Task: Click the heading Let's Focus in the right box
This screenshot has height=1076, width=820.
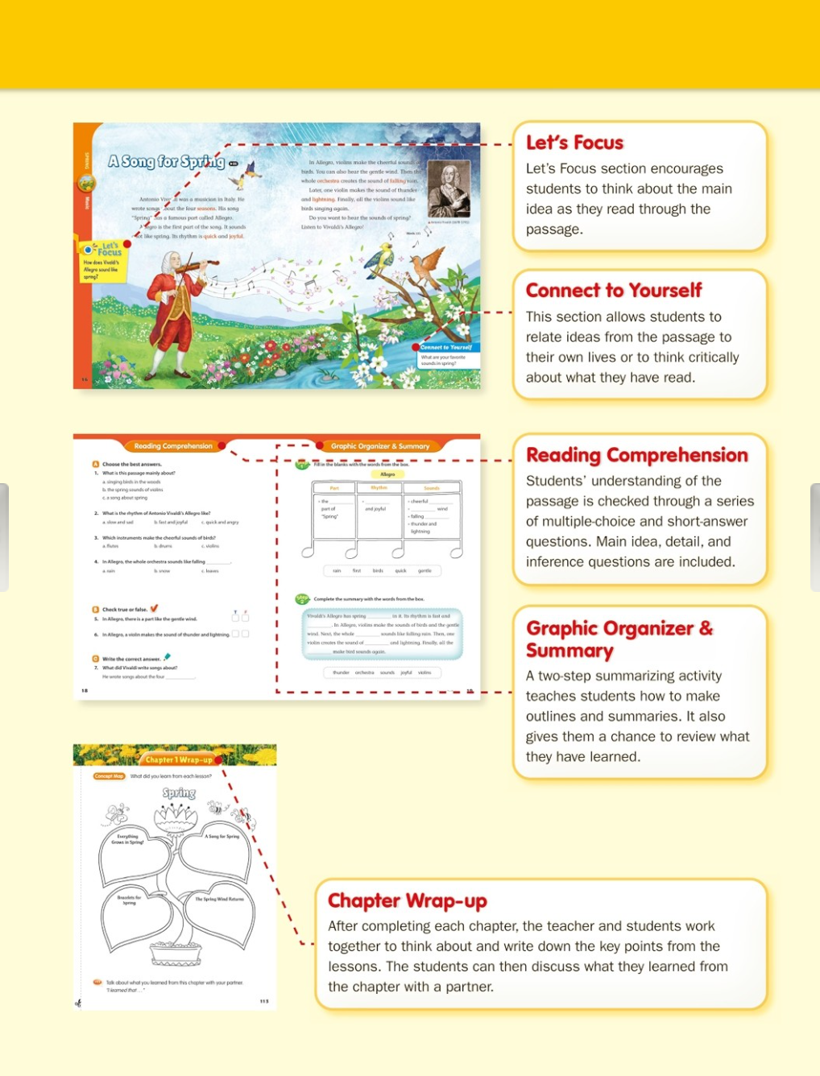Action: (574, 143)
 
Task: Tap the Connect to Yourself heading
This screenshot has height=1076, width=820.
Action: (614, 291)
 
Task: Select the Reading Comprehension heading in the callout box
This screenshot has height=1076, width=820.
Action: (637, 455)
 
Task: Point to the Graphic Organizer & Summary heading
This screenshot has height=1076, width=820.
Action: (619, 639)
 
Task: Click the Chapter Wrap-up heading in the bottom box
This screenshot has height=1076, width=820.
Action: (408, 900)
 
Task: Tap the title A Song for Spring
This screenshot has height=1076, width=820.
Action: (167, 162)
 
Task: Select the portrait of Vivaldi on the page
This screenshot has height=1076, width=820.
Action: (449, 190)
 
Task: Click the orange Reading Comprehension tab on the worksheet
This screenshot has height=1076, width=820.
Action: (173, 445)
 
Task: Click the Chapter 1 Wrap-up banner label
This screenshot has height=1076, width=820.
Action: (179, 759)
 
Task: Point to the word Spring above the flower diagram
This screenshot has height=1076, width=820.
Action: (179, 793)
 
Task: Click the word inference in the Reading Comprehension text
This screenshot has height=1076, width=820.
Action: (557, 562)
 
